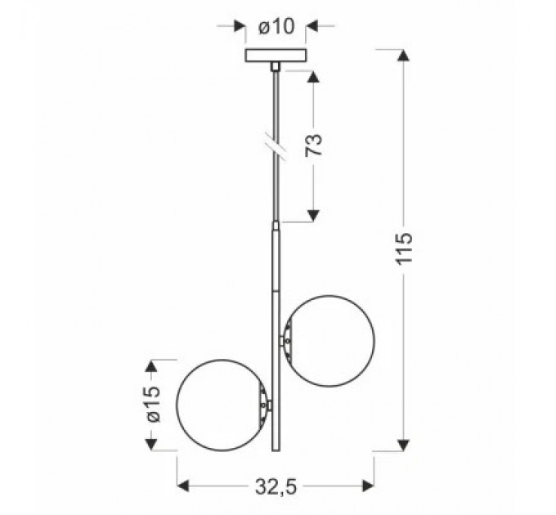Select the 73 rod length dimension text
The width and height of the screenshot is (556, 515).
[313, 146]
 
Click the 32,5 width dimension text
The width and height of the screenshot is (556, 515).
[275, 487]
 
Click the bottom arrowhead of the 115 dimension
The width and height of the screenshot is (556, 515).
[402, 445]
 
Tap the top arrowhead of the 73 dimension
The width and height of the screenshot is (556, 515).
[312, 76]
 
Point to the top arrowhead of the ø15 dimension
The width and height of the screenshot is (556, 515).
[150, 365]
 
